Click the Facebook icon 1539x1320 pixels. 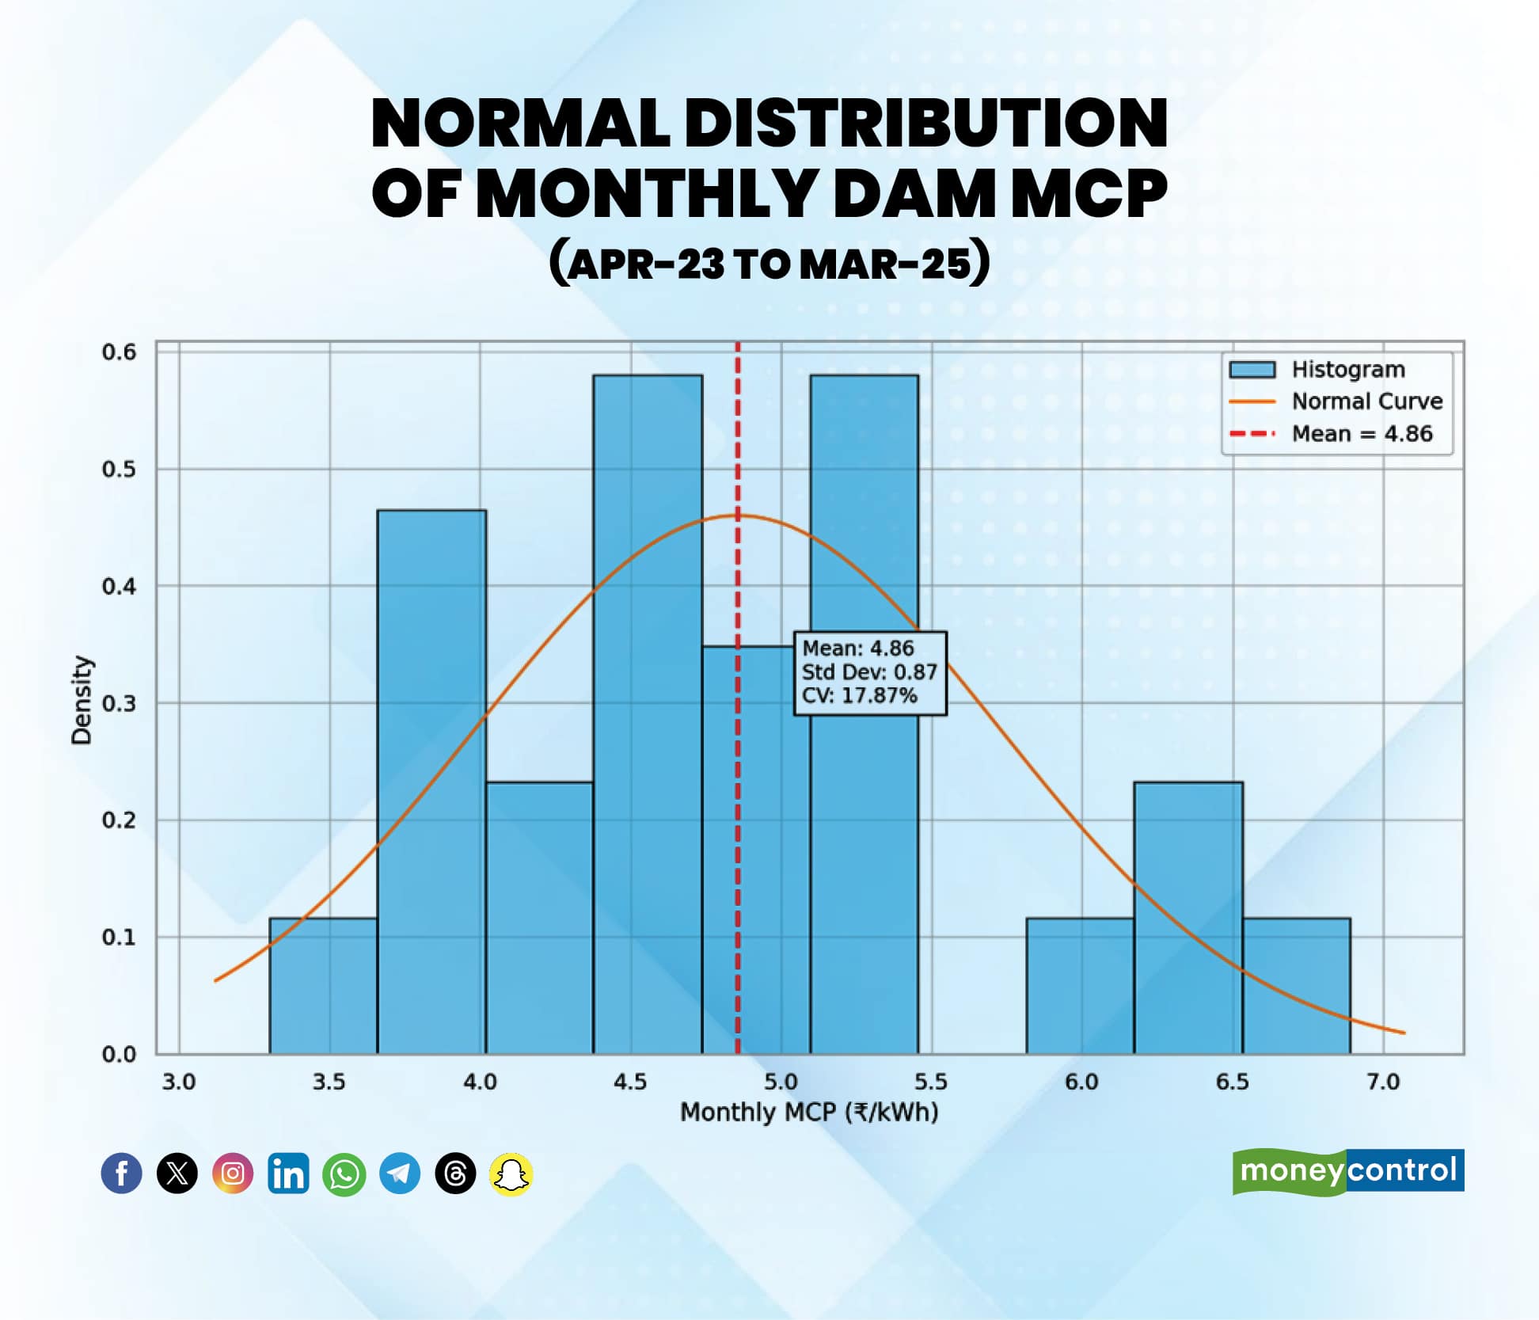(121, 1173)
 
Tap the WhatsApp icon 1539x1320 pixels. (344, 1174)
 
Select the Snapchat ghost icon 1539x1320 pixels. (511, 1174)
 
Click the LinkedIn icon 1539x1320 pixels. (288, 1174)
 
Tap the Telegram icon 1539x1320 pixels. (399, 1174)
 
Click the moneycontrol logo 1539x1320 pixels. (1347, 1170)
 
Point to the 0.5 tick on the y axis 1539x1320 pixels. (119, 469)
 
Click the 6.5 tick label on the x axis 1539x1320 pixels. (1232, 1082)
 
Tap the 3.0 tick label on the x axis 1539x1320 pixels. (179, 1082)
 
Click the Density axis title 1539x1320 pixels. (82, 700)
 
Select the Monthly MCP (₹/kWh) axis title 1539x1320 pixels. (809, 1113)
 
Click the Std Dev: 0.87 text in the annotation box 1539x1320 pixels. (869, 672)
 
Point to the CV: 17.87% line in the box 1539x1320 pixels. (860, 696)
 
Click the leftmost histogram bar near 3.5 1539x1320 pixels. (323, 986)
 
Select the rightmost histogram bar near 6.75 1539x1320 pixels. (1296, 986)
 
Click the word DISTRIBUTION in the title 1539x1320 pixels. (925, 124)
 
